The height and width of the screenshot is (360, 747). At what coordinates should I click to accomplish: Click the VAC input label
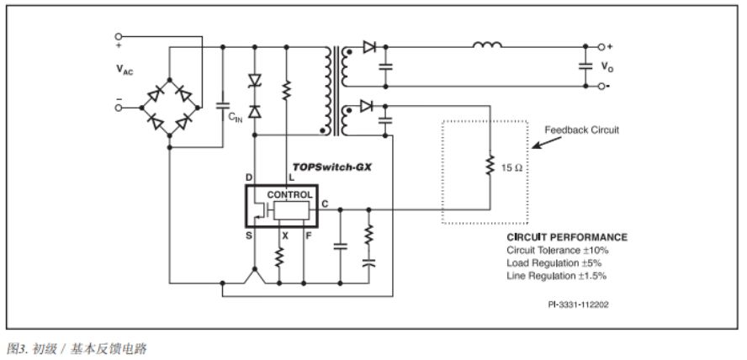[124, 71]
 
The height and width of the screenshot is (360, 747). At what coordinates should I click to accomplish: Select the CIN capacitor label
[236, 119]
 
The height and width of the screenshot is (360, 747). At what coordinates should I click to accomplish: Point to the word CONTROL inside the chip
[289, 194]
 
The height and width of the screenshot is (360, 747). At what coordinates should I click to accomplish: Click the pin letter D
[249, 178]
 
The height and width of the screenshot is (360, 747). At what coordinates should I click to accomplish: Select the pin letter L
[292, 178]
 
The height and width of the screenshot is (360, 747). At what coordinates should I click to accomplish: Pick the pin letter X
[285, 236]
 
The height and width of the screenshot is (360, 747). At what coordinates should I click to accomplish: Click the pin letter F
[309, 236]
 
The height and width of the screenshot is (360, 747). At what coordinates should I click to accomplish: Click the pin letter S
[249, 236]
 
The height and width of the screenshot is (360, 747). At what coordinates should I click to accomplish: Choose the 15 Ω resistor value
[511, 168]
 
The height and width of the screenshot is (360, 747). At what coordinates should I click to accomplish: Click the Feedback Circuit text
[580, 130]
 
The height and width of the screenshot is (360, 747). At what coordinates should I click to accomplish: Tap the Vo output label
[607, 66]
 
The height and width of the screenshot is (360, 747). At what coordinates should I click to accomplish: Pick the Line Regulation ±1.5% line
[556, 275]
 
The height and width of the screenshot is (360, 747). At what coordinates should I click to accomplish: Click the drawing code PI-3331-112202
[575, 304]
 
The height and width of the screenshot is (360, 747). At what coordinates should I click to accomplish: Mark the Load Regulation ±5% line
[554, 262]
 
